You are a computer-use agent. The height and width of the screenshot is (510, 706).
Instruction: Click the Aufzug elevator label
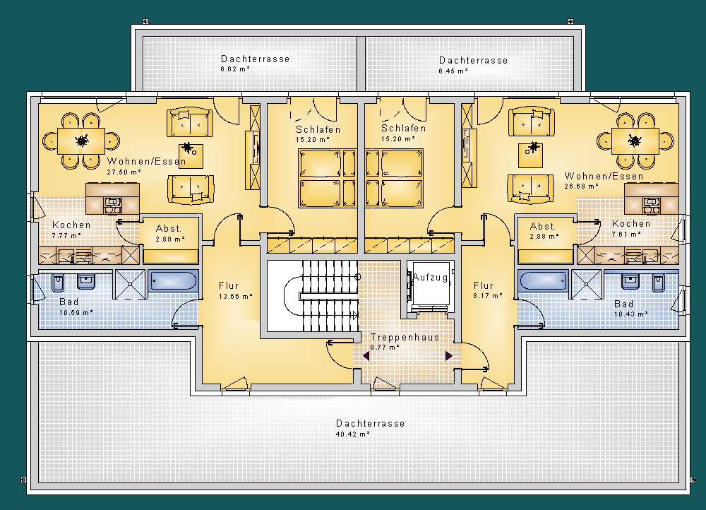pos(430,278)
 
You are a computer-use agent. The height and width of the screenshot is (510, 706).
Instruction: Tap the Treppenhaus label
pos(405,337)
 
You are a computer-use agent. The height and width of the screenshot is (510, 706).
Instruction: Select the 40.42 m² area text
pos(352,434)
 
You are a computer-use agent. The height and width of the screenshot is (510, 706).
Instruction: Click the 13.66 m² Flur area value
pos(235,296)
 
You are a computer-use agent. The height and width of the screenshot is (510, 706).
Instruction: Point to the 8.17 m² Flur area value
pos(488,295)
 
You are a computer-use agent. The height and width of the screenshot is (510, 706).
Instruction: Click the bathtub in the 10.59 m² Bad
pos(173,280)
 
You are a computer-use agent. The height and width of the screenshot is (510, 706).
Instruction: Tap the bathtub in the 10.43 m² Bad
pos(543,280)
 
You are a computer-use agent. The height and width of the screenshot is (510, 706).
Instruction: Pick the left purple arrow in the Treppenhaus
pos(366,357)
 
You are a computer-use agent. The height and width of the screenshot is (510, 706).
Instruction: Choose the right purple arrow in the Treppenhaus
pos(448,356)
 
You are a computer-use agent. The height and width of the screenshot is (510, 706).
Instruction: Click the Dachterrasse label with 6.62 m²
pos(255,59)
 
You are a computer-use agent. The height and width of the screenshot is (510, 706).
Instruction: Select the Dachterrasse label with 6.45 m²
pos(473,60)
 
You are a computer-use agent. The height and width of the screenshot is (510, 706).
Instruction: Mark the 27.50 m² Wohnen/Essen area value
pos(124,172)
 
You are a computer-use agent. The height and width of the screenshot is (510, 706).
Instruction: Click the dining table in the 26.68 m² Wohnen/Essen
pos(635,141)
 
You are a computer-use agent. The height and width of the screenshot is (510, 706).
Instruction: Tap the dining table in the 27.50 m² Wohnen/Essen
pos(81,141)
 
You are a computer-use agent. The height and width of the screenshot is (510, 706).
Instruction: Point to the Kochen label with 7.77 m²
pos(71,225)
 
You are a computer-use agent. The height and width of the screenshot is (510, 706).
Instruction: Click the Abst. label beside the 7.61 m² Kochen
pos(542,226)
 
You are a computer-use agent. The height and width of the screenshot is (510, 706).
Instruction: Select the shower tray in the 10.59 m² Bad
pos(130,284)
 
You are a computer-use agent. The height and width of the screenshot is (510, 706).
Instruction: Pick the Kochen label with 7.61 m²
pos(630,223)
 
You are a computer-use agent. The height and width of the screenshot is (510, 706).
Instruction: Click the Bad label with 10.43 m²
pos(623,304)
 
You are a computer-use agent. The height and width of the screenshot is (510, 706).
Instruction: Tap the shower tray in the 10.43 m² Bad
pos(586,284)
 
